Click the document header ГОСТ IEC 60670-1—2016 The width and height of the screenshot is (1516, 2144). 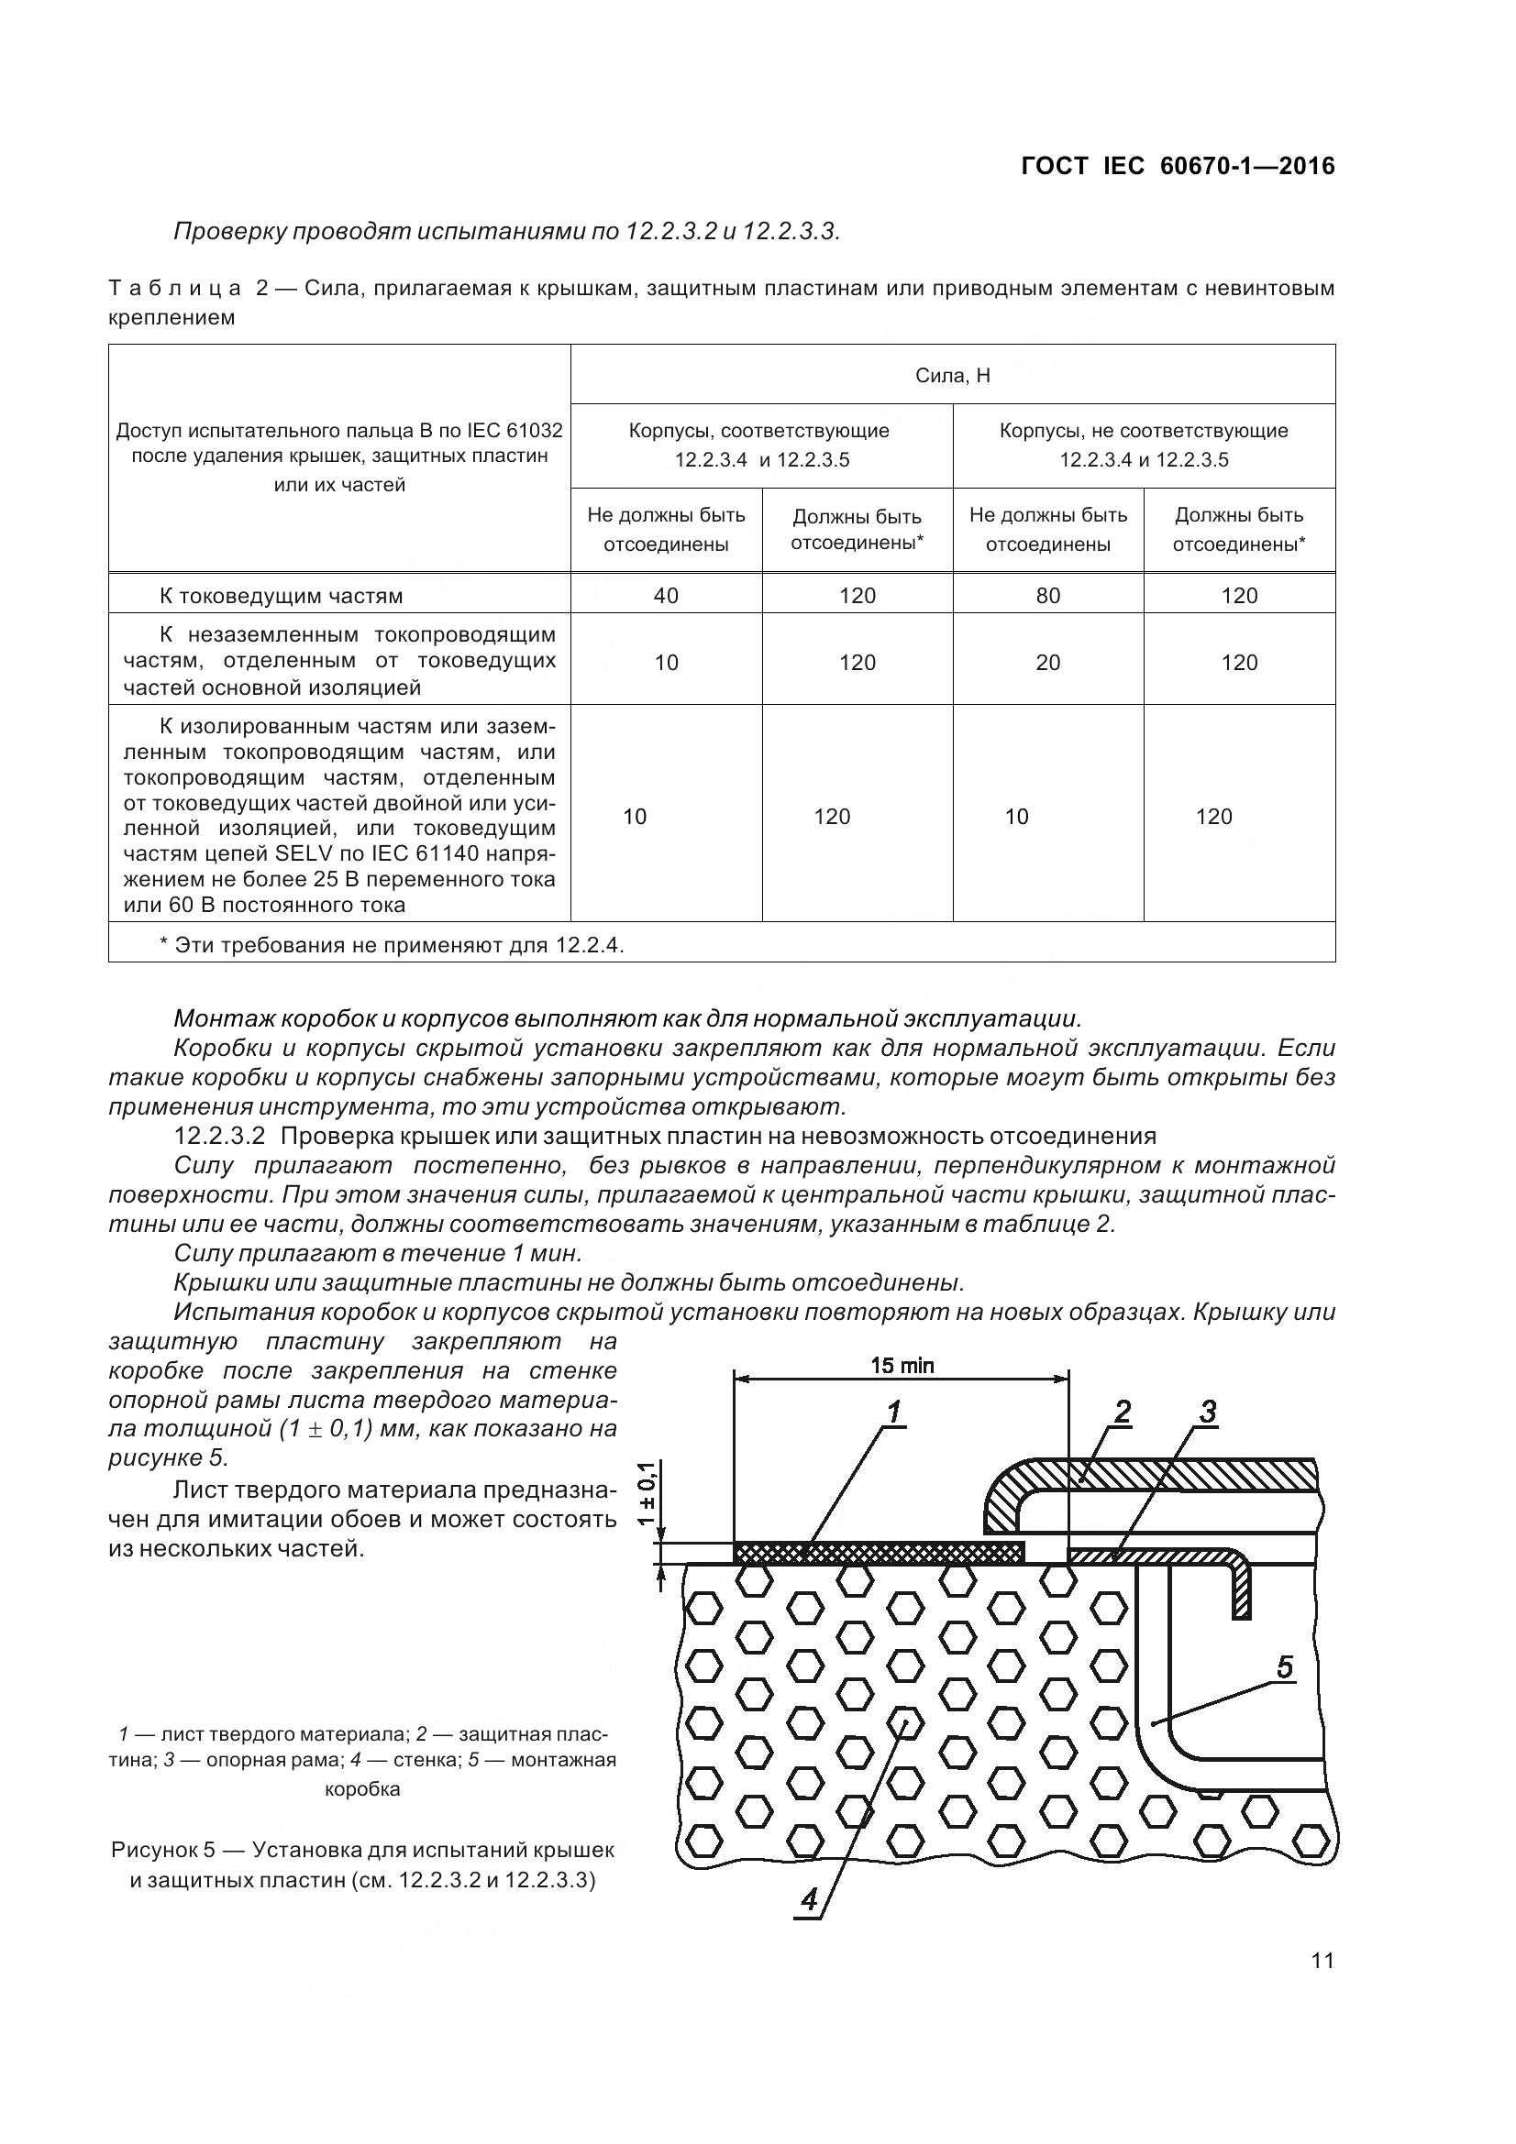click(1178, 166)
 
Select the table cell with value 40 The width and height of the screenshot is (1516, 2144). click(666, 596)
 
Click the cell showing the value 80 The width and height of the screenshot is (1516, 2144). click(1048, 596)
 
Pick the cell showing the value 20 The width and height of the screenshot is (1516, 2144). click(1048, 663)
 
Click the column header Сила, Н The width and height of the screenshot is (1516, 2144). click(953, 376)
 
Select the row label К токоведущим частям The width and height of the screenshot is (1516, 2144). click(282, 596)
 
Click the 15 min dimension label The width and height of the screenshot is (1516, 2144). click(902, 1366)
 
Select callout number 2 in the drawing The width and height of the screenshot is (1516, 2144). click(1123, 1412)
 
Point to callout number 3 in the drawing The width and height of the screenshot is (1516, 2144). click(1208, 1412)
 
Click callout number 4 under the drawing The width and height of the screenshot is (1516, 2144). click(809, 1899)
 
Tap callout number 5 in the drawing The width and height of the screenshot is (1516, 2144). click(1285, 1666)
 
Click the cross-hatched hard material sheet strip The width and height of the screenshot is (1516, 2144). click(878, 1553)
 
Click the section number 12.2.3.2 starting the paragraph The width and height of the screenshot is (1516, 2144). click(220, 1137)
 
